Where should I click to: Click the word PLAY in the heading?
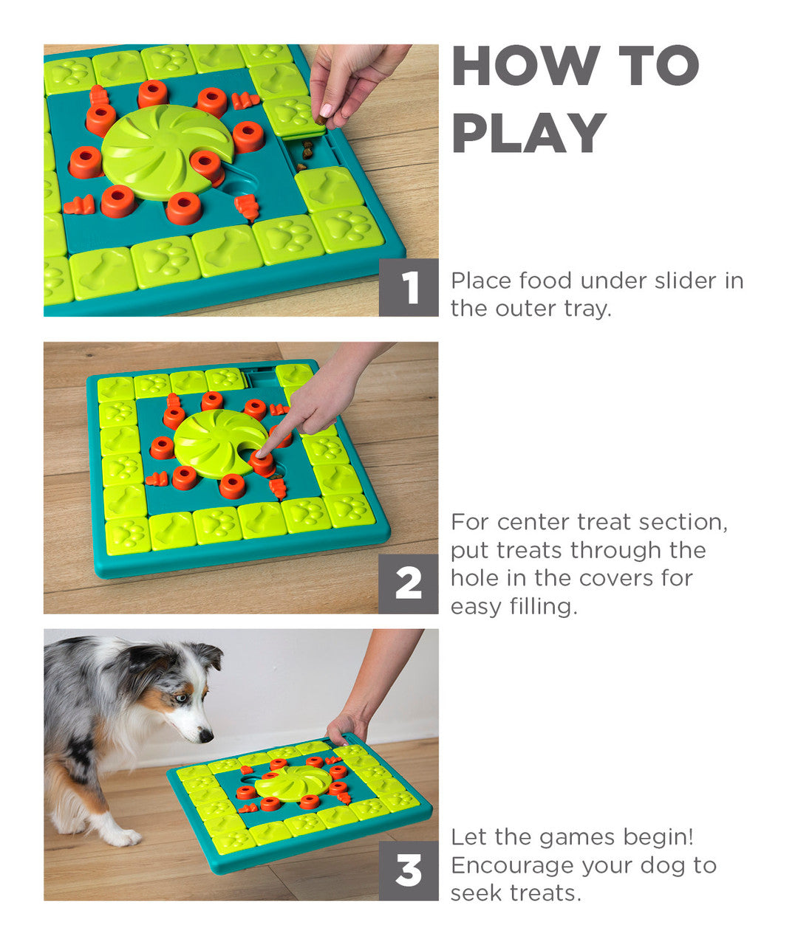[529, 134]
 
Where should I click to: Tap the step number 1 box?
[409, 287]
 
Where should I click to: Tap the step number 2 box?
[409, 584]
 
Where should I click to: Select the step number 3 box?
[409, 871]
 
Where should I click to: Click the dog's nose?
[206, 736]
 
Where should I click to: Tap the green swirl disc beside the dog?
[293, 782]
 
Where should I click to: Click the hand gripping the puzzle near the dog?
[344, 726]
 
